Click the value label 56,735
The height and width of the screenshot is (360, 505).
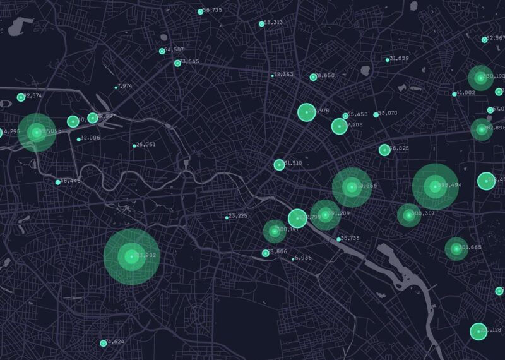click(x=213, y=11)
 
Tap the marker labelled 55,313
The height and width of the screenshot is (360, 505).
click(x=262, y=24)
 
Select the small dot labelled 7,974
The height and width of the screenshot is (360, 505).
click(x=116, y=87)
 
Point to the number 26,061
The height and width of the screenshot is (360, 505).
click(x=146, y=145)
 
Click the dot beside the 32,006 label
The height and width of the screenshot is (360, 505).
click(x=78, y=140)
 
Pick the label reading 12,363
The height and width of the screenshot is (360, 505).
click(x=283, y=75)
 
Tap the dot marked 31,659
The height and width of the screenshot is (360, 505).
click(x=388, y=60)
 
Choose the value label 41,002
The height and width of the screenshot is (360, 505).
click(x=466, y=93)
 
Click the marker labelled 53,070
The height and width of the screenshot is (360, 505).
click(x=376, y=115)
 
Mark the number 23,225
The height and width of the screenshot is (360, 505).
click(x=238, y=216)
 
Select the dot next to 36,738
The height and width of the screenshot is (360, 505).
click(x=338, y=239)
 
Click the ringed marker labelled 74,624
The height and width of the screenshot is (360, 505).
click(x=104, y=344)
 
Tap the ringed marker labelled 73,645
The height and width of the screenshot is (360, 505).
click(x=177, y=63)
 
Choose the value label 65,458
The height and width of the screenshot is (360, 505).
click(x=357, y=114)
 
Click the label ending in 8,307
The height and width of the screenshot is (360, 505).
click(x=424, y=213)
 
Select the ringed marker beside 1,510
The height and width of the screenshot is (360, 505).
click(x=279, y=165)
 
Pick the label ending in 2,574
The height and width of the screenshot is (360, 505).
click(x=32, y=96)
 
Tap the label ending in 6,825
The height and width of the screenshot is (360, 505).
click(x=399, y=148)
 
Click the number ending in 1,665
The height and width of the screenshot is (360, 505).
click(x=470, y=248)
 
